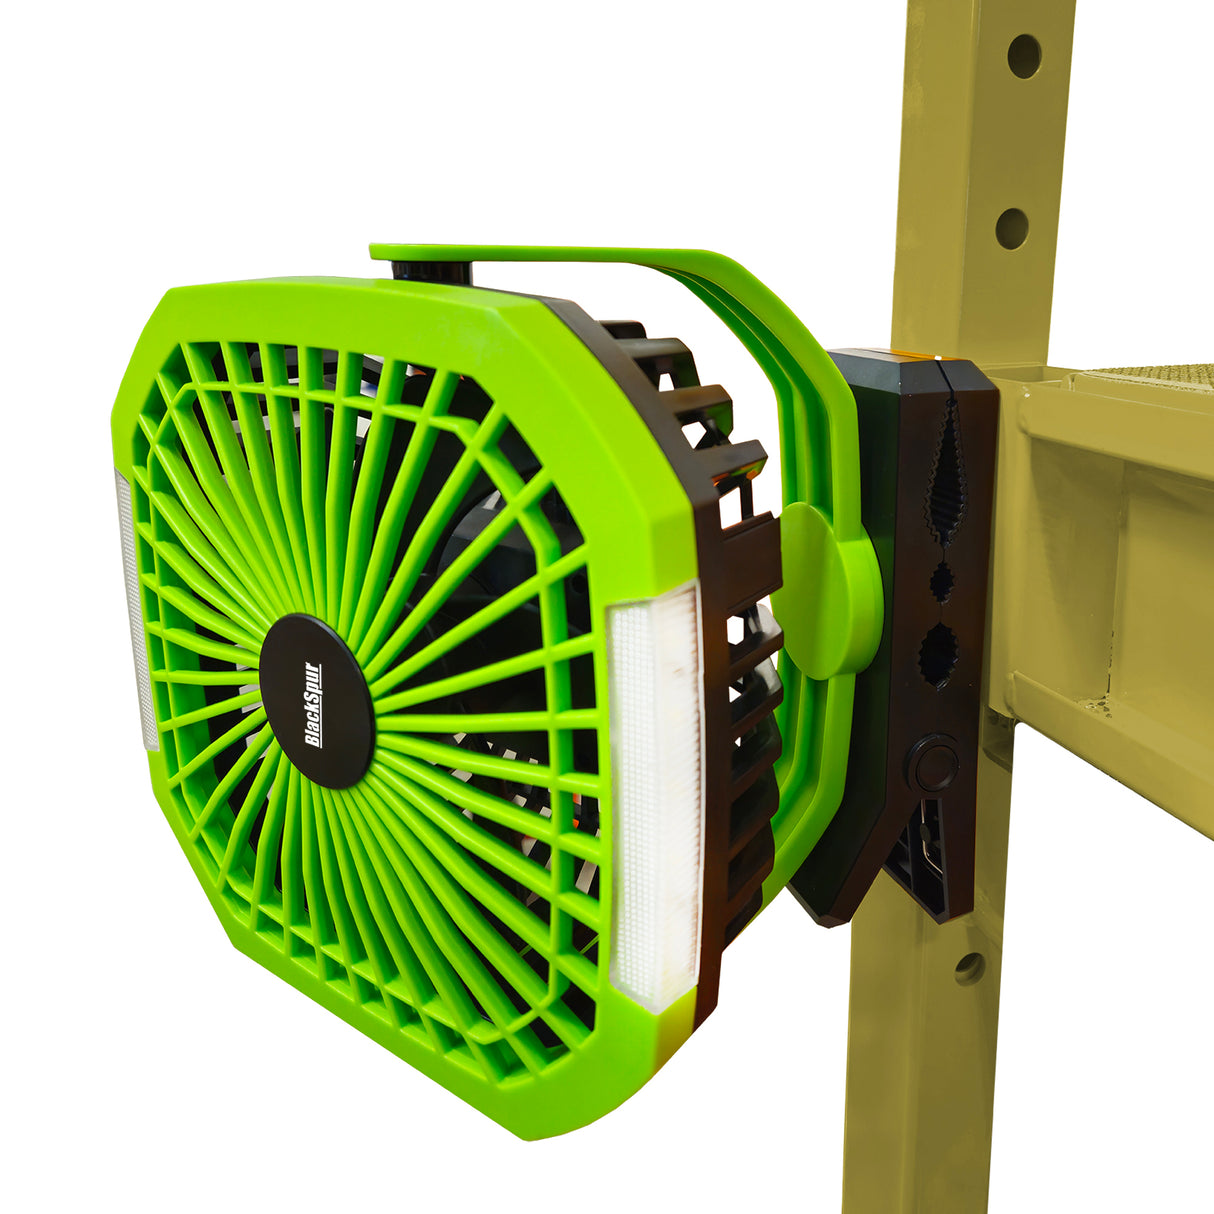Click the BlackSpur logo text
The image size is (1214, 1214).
(x=313, y=704)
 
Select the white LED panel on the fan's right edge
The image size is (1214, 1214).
(x=655, y=790)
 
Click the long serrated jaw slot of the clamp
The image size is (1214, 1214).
(x=943, y=470)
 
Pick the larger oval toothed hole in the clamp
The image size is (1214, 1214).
(x=939, y=655)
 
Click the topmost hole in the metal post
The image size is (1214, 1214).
(x=1023, y=56)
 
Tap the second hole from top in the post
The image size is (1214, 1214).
(x=1011, y=228)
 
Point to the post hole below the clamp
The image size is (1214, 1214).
(x=968, y=967)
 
